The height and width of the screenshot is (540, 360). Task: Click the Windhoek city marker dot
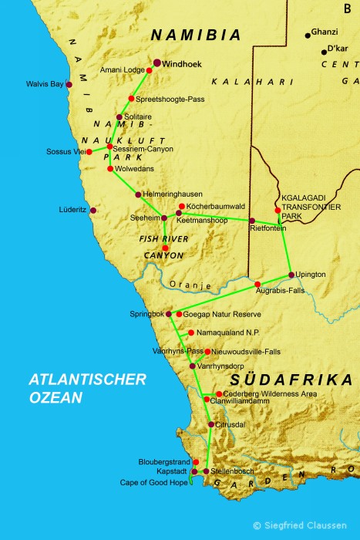click(157, 62)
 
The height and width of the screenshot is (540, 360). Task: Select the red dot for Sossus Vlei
click(89, 151)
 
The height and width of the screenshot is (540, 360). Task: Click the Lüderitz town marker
click(93, 210)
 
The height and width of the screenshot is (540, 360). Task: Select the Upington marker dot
click(291, 275)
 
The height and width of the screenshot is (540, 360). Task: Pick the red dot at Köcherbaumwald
click(182, 206)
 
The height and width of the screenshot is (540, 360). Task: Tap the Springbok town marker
click(169, 314)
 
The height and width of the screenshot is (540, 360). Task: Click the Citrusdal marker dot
click(211, 424)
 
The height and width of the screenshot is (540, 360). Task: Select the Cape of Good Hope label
click(154, 482)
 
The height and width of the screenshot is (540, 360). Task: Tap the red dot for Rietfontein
click(251, 221)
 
